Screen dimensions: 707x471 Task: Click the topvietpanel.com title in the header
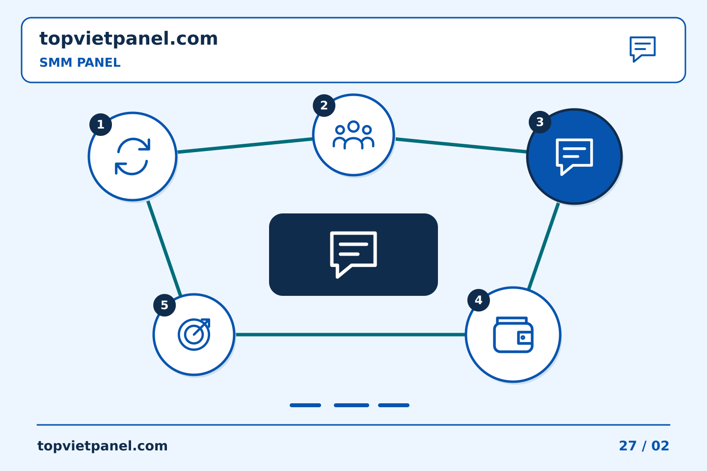tap(129, 39)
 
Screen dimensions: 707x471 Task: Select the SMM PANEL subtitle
tap(80, 62)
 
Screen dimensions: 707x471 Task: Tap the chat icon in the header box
tap(643, 49)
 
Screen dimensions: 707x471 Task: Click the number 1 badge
tap(101, 125)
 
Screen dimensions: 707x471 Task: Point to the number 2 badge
tap(324, 105)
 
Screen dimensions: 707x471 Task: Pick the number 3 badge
tap(540, 122)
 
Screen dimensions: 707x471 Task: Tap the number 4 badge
tap(479, 300)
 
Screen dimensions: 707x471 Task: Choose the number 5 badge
tap(164, 305)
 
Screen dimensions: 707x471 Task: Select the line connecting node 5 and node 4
tap(351, 335)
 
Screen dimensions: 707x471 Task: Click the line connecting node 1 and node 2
tap(245, 145)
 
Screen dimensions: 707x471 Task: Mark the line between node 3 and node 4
tap(544, 246)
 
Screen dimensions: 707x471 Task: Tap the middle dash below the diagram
tap(352, 405)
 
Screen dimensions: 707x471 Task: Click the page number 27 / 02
tap(644, 446)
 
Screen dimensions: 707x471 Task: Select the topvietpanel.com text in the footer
tap(102, 446)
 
